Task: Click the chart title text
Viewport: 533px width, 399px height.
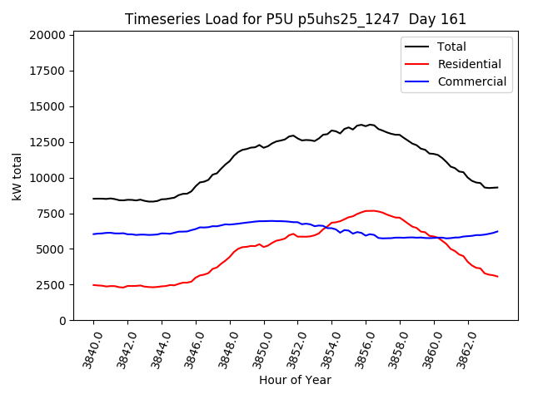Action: tap(296, 19)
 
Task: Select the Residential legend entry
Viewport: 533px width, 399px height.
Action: tap(469, 64)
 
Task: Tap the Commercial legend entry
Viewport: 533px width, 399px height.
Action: tap(471, 81)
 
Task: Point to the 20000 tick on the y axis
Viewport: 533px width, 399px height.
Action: tap(47, 35)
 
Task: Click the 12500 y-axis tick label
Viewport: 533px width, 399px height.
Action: tap(47, 142)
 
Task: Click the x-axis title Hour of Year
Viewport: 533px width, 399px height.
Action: tap(295, 380)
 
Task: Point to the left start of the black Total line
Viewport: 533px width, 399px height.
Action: tap(93, 199)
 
